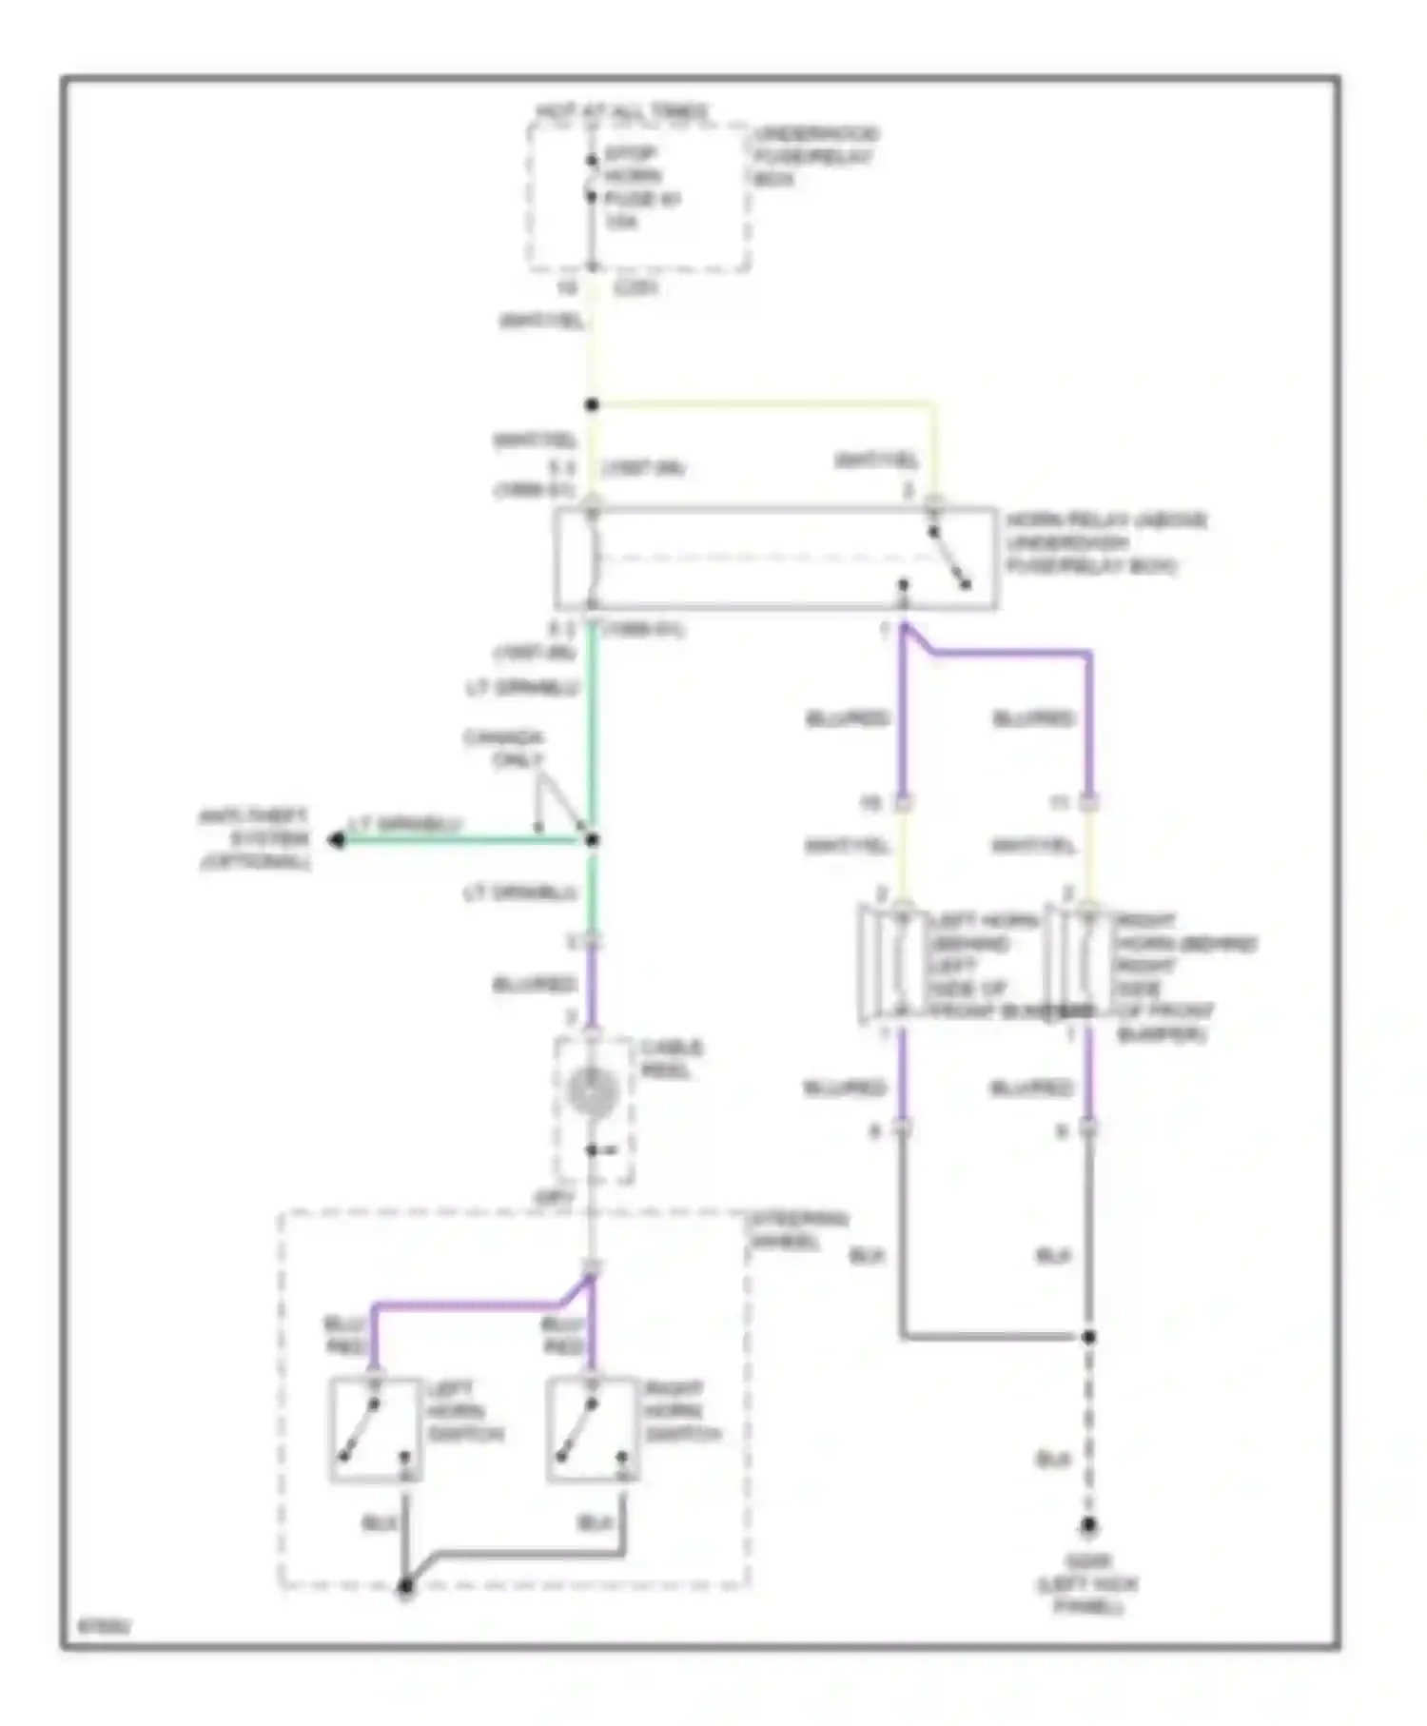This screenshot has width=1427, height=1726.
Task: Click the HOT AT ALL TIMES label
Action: [x=623, y=112]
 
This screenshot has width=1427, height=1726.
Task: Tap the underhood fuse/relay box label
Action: [x=815, y=156]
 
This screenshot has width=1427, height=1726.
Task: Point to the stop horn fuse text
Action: [x=642, y=187]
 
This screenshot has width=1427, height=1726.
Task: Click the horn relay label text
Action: [x=1105, y=543]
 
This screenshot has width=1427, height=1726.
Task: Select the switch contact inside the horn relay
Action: [x=949, y=558]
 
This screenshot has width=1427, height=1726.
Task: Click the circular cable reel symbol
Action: [x=593, y=1091]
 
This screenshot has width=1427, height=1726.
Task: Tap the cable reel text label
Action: [x=671, y=1058]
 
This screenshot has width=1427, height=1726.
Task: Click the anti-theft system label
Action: [x=254, y=839]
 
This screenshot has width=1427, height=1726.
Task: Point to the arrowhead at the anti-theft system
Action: [x=337, y=840]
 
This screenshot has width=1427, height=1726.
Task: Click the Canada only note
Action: [x=504, y=749]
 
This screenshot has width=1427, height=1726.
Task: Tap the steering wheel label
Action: [x=799, y=1230]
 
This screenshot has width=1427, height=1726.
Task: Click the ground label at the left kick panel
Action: [x=1087, y=1584]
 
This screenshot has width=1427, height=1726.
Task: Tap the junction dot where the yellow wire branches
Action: [x=592, y=405]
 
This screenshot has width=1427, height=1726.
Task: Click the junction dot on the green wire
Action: [x=592, y=840]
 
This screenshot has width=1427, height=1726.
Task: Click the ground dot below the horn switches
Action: [x=405, y=1586]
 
